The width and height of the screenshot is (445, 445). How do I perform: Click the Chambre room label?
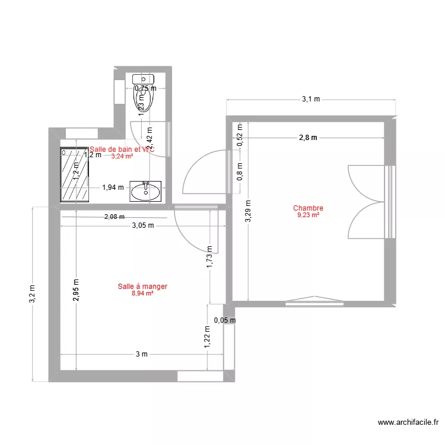(x=308, y=208)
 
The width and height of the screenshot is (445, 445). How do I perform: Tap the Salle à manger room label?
(x=142, y=287)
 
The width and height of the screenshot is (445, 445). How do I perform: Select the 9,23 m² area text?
(x=308, y=215)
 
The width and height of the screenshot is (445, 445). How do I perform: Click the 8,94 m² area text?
(x=142, y=293)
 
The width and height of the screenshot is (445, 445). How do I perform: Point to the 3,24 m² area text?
(x=122, y=157)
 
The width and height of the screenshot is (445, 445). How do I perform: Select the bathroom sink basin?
(x=145, y=191)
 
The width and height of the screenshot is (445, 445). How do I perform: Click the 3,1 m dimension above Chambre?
(x=310, y=100)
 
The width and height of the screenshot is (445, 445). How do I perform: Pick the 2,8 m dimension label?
(x=308, y=138)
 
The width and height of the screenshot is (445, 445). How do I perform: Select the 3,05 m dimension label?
(x=142, y=225)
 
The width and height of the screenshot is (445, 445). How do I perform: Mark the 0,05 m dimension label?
(x=224, y=320)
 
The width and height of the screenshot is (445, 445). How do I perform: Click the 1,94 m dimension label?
(x=113, y=187)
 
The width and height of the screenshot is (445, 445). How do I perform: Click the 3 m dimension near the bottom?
(x=141, y=355)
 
